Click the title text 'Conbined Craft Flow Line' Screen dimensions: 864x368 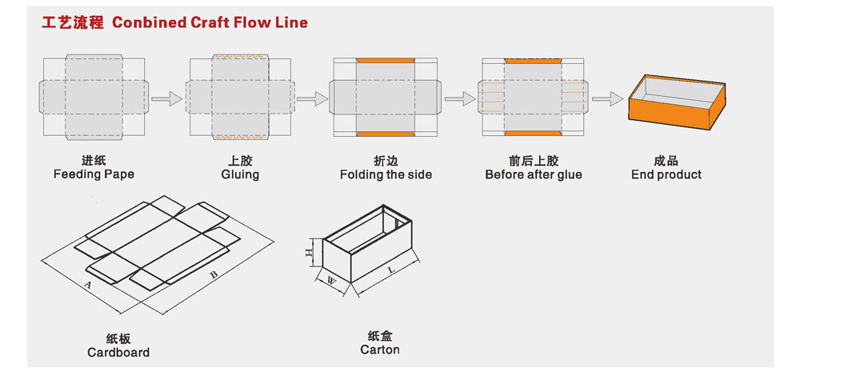click(210, 22)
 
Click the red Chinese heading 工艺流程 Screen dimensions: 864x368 click(73, 22)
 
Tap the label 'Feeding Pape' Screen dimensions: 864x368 click(94, 174)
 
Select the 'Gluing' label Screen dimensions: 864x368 click(240, 174)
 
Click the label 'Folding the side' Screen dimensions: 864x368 click(386, 174)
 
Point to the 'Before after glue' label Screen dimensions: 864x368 click(534, 174)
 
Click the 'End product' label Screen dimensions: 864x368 click(666, 174)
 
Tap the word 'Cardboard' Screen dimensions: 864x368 click(118, 353)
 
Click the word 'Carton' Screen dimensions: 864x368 click(380, 350)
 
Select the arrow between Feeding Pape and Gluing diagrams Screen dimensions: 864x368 click(167, 98)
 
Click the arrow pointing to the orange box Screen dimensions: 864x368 click(608, 98)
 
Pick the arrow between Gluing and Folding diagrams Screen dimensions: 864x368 click(313, 98)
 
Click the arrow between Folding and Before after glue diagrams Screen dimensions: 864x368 click(461, 98)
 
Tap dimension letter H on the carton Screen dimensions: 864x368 click(310, 252)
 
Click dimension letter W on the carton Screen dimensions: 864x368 click(332, 280)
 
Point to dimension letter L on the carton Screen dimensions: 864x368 click(392, 270)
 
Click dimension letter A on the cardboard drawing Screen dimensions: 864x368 click(87, 285)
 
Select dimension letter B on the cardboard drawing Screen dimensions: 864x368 click(214, 274)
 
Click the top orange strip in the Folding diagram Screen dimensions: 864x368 click(385, 61)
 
